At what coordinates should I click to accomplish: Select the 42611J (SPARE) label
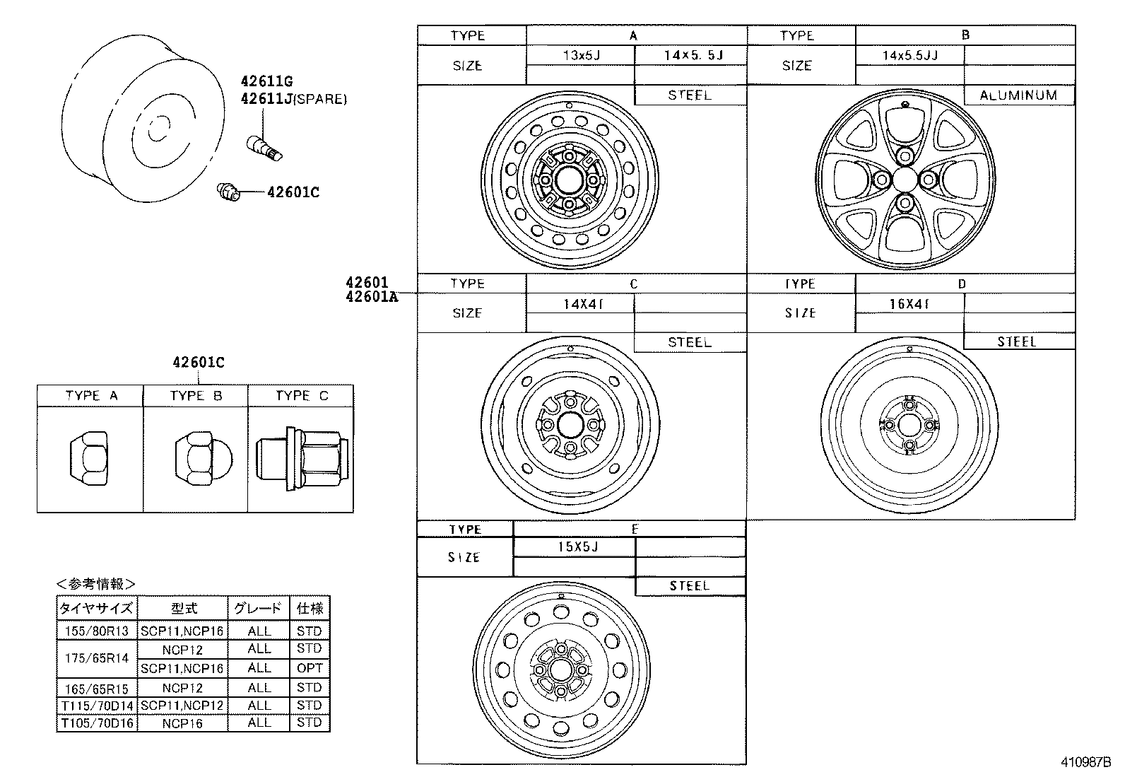click(293, 100)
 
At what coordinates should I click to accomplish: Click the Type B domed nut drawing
click(196, 460)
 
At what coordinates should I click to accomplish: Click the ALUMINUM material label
click(1018, 95)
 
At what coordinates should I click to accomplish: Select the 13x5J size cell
click(581, 55)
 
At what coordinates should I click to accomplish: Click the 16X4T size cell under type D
click(909, 304)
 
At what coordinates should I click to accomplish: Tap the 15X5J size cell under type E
click(574, 547)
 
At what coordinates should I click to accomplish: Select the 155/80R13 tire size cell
click(96, 631)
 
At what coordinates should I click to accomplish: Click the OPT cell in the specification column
click(310, 668)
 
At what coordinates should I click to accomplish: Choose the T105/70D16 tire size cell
click(96, 723)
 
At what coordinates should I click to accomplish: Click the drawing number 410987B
click(1085, 762)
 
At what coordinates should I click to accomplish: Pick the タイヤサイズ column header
click(96, 609)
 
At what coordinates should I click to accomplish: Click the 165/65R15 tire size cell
click(96, 687)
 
